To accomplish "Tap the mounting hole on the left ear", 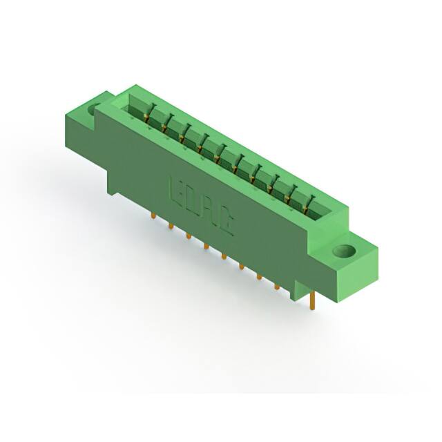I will pos(95,108).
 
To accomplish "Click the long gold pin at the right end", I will pos(314,300).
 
